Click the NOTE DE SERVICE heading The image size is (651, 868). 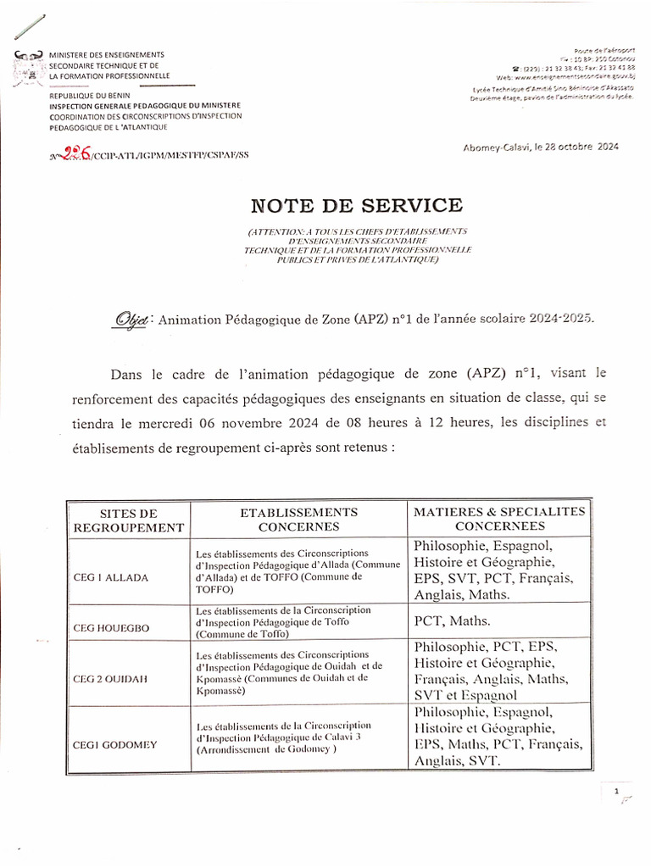coord(356,206)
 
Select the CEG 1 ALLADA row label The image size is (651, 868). coord(111,577)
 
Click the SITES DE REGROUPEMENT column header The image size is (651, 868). coord(129,520)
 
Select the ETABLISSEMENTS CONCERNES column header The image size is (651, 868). coord(298,519)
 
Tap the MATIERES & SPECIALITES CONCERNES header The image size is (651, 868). coord(499,519)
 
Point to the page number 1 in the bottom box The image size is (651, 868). coord(616,791)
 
